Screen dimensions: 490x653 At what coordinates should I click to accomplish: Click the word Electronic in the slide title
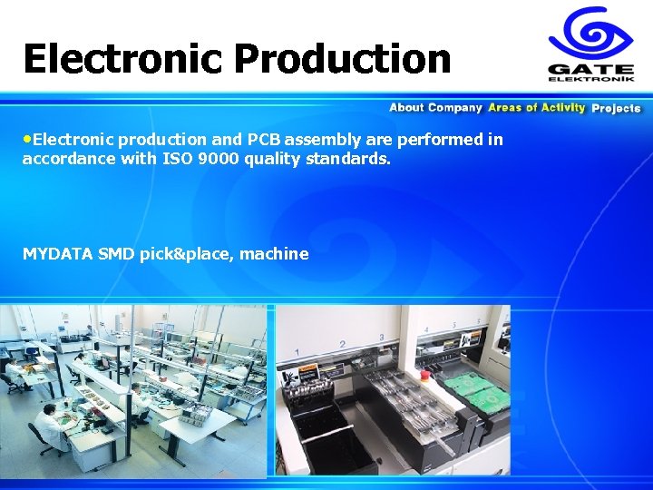point(122,59)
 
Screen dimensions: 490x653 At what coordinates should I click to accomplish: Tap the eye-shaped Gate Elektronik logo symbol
point(590,34)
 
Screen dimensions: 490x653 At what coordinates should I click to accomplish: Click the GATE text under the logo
point(590,68)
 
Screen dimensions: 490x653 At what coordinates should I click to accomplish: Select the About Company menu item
point(435,108)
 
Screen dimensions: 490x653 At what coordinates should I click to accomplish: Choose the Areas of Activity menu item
point(536,108)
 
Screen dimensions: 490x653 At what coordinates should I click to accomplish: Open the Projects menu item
point(616,108)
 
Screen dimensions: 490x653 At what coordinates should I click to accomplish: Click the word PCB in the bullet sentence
point(265,140)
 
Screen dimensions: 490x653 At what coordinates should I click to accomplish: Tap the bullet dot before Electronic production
point(27,140)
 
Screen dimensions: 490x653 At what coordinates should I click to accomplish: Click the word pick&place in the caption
point(188,254)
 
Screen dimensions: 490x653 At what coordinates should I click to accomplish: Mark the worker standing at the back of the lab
point(89,333)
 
